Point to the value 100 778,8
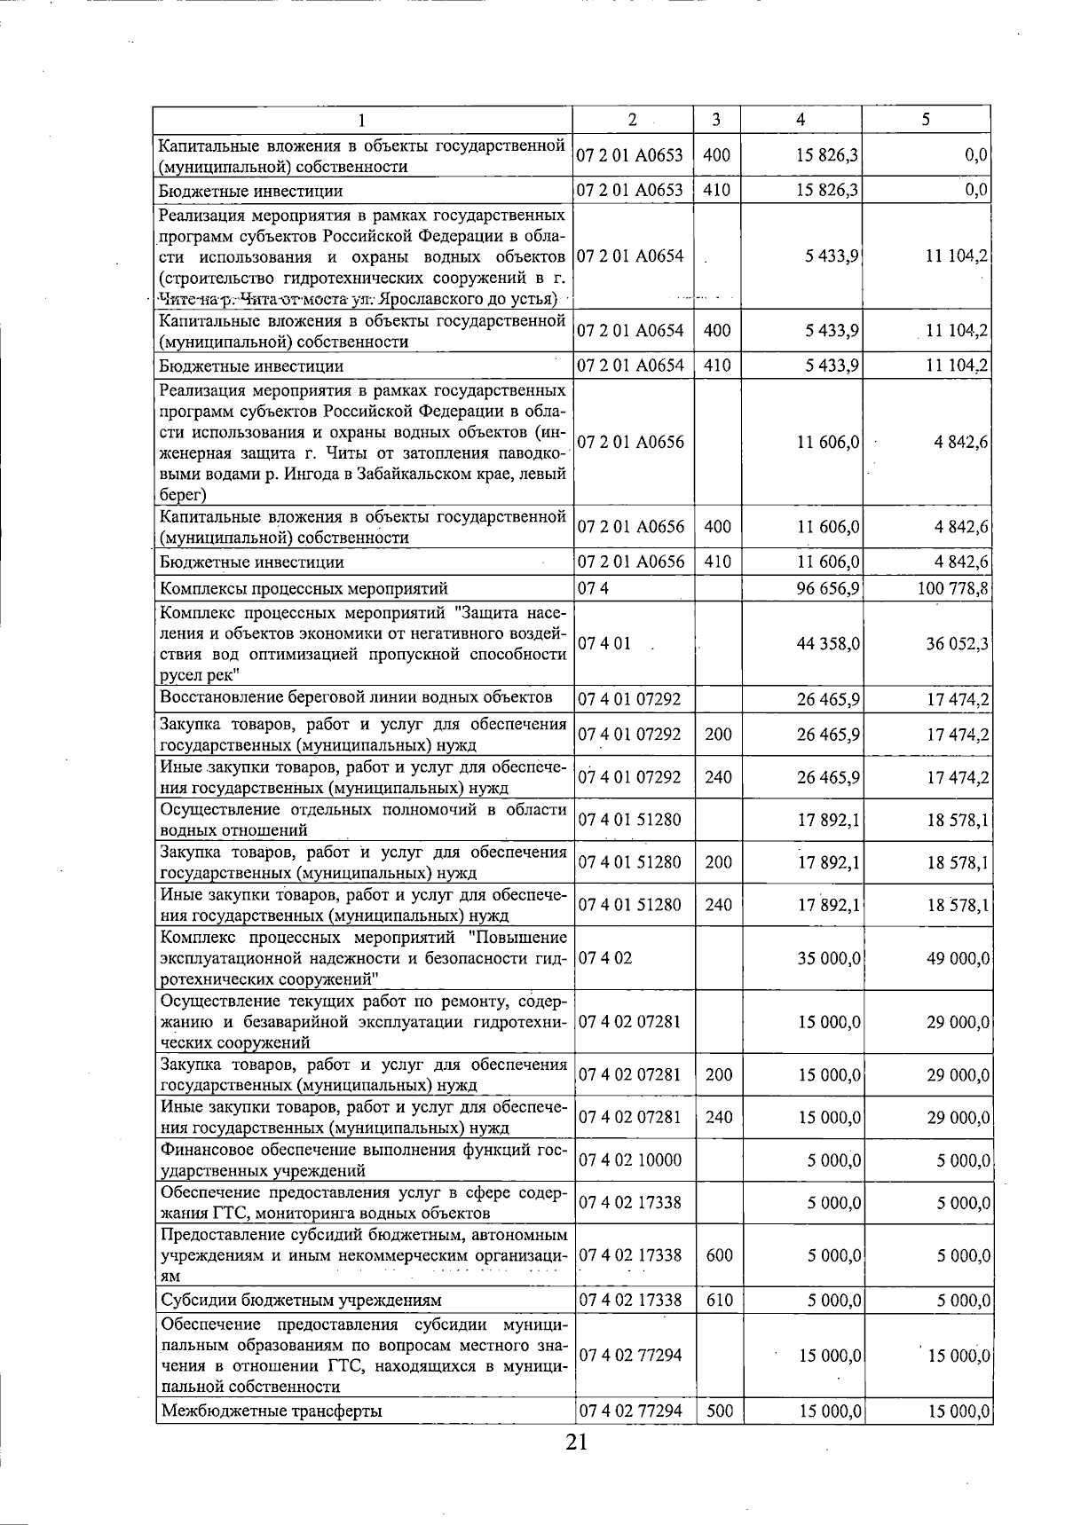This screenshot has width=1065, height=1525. pos(953,589)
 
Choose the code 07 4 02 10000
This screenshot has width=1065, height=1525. pos(629,1160)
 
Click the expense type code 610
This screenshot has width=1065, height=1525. pos(720,1301)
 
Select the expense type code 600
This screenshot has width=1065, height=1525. pos(720,1255)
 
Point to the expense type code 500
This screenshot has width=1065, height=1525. pos(720,1411)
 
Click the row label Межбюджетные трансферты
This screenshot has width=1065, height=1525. pos(271,1411)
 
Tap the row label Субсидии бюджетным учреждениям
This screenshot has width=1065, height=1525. pos(300,1301)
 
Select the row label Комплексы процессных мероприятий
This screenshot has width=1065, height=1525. pos(304,589)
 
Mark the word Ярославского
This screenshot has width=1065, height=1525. pos(427,299)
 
